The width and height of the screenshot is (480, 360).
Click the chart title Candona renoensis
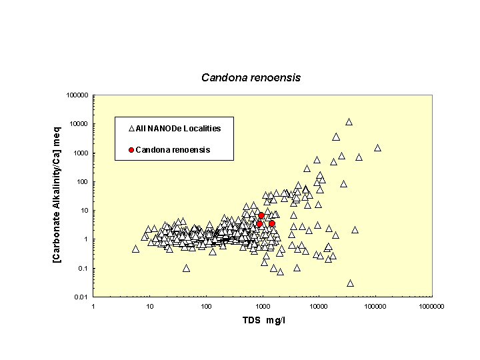251,77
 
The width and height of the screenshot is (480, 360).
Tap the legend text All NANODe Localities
178,128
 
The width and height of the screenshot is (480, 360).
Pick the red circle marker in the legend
131,150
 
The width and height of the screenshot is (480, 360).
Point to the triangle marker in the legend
131,128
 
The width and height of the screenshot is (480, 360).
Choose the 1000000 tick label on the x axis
431,307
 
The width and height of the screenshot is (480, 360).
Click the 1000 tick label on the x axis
263,307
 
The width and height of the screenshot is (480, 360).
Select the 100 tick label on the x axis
206,307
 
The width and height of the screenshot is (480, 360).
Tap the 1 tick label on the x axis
93,307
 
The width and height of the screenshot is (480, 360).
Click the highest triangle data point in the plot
349,122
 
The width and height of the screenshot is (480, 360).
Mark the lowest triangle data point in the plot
350,283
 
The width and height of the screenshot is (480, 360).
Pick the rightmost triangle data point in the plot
377,148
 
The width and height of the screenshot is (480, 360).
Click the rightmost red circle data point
272,223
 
